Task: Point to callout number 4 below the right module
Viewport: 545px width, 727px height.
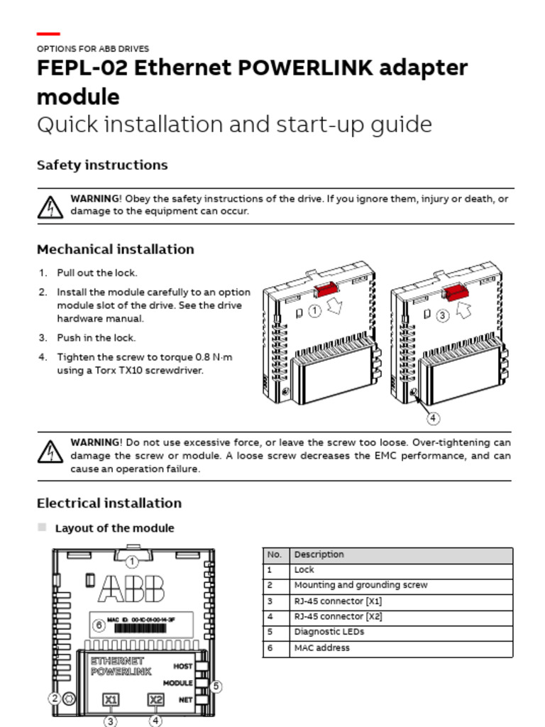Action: [x=432, y=418]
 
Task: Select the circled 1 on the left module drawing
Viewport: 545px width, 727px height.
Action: [x=315, y=311]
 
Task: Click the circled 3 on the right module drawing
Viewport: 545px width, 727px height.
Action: [x=443, y=315]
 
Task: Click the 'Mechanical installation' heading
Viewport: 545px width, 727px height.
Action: [x=115, y=249]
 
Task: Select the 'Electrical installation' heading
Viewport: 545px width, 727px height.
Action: [x=109, y=503]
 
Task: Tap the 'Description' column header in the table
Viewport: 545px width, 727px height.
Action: [x=319, y=554]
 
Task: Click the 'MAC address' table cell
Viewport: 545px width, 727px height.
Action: [x=321, y=647]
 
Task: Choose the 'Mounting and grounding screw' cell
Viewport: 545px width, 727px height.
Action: [x=360, y=585]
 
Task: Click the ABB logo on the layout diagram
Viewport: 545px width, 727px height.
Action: [x=132, y=589]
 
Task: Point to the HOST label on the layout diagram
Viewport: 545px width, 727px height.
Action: [x=183, y=667]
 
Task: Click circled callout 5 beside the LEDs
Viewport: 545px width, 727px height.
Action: [x=216, y=687]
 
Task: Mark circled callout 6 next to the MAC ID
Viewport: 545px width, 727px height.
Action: [x=99, y=625]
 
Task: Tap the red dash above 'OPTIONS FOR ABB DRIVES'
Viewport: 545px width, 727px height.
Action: [x=48, y=33]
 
